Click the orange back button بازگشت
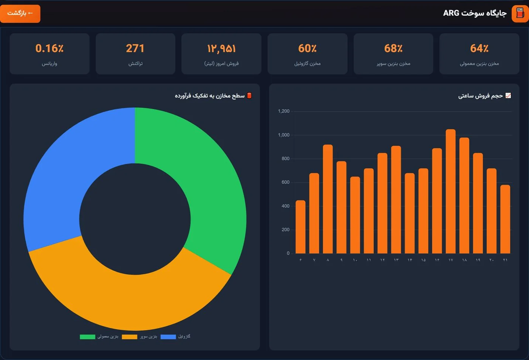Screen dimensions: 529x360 pyautogui.click(x=20, y=14)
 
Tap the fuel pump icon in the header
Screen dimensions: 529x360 pyautogui.click(x=520, y=14)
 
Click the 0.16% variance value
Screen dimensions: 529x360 pyautogui.click(x=49, y=48)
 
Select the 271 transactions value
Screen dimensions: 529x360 pyautogui.click(x=135, y=48)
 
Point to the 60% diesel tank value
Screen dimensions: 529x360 pyautogui.click(x=307, y=48)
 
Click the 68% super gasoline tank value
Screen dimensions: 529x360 pyautogui.click(x=393, y=48)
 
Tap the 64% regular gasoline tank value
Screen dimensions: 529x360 pyautogui.click(x=479, y=48)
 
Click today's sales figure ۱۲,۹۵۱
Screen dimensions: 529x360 pyautogui.click(x=221, y=49)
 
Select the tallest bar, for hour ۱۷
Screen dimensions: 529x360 pyautogui.click(x=450, y=191)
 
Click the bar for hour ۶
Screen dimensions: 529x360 pyautogui.click(x=300, y=227)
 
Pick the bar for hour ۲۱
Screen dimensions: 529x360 pyautogui.click(x=505, y=219)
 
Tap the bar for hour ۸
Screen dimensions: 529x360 pyautogui.click(x=328, y=199)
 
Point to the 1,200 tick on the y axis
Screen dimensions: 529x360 pyautogui.click(x=284, y=111)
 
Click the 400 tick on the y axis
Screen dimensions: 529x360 pyautogui.click(x=285, y=206)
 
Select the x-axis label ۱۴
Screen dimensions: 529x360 pyautogui.click(x=410, y=260)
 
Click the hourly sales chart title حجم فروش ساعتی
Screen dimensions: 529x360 pyautogui.click(x=481, y=96)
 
